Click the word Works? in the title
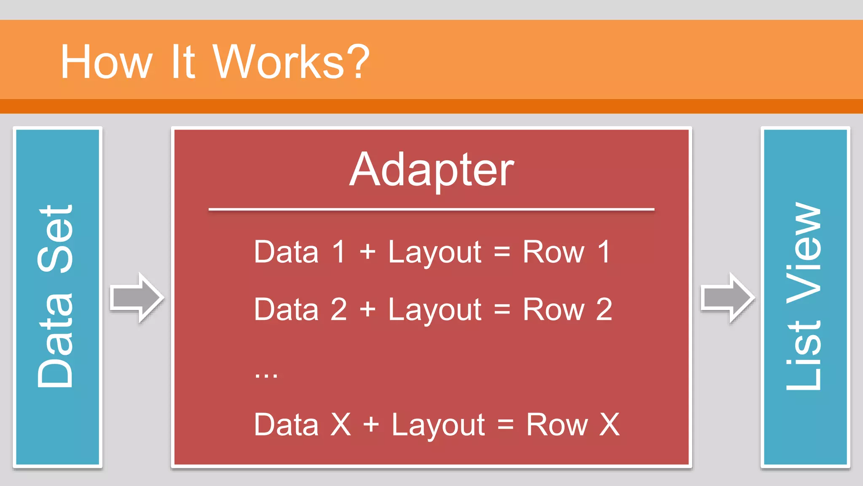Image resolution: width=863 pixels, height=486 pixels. pos(291,62)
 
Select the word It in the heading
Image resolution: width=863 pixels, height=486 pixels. pos(182,62)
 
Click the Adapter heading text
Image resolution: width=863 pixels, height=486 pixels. pos(431,170)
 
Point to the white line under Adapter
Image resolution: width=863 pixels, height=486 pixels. pos(431,209)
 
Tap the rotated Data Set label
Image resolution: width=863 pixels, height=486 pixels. pos(56,296)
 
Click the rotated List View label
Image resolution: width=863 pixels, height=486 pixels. pos(804,296)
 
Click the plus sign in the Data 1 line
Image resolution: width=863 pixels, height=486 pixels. pos(367,252)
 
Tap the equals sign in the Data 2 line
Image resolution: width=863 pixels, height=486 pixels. pos(502,310)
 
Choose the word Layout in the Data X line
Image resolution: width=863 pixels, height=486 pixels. pos(438,425)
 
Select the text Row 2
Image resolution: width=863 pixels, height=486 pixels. pos(567,310)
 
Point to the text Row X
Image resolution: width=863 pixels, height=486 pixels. pos(572,425)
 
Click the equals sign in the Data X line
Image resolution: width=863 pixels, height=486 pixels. pos(505,425)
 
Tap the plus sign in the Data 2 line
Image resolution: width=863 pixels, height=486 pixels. pos(367,310)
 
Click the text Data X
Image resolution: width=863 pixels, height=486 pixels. pos(302,425)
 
